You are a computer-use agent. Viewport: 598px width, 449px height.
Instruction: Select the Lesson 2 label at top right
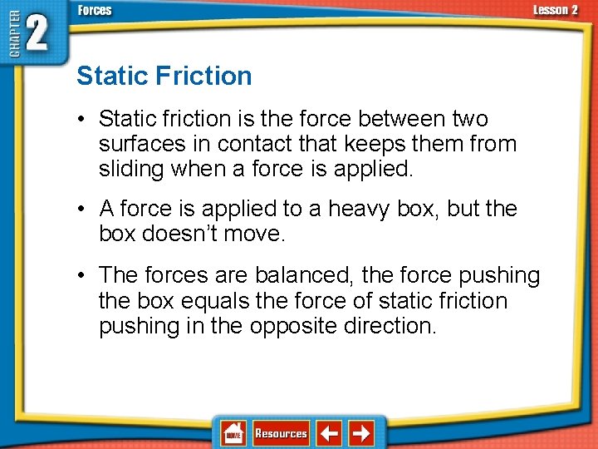[x=556, y=10]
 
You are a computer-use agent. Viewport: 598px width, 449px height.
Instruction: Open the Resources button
[x=281, y=433]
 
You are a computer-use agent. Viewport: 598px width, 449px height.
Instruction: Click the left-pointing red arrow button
[x=330, y=433]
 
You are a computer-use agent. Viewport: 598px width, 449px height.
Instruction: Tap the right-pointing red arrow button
[x=360, y=433]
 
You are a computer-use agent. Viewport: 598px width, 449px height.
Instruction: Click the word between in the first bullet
[x=397, y=120]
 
